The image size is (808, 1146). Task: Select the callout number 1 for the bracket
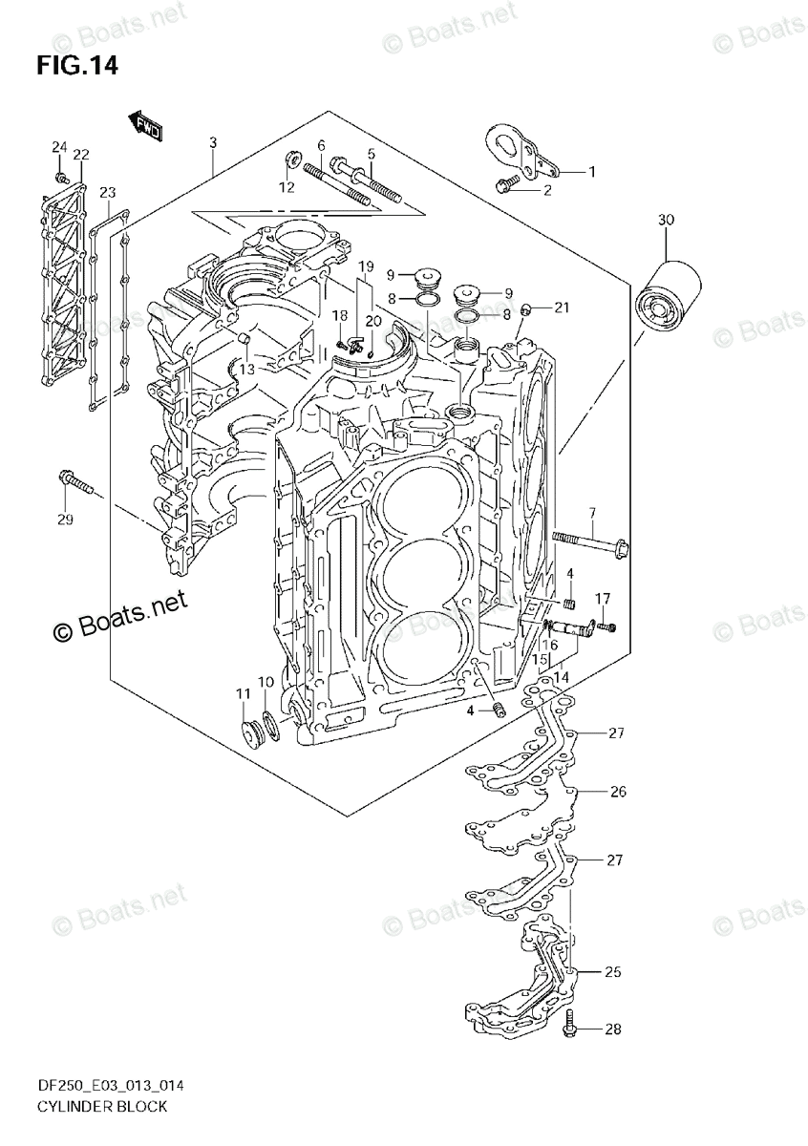pyautogui.click(x=591, y=172)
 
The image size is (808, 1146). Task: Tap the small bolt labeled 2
pyautogui.click(x=507, y=185)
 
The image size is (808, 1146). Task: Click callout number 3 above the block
pyautogui.click(x=213, y=143)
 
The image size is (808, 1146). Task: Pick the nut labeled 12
pyautogui.click(x=292, y=159)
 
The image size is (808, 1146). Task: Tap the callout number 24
pyautogui.click(x=59, y=147)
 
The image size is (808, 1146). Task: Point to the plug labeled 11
pyautogui.click(x=253, y=735)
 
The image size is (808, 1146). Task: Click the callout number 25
pyautogui.click(x=613, y=972)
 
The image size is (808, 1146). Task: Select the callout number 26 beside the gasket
pyautogui.click(x=618, y=792)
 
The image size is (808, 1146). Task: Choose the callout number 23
pyautogui.click(x=107, y=192)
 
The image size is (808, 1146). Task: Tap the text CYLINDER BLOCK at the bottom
pyautogui.click(x=89, y=1106)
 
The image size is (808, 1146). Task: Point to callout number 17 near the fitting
pyautogui.click(x=603, y=599)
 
